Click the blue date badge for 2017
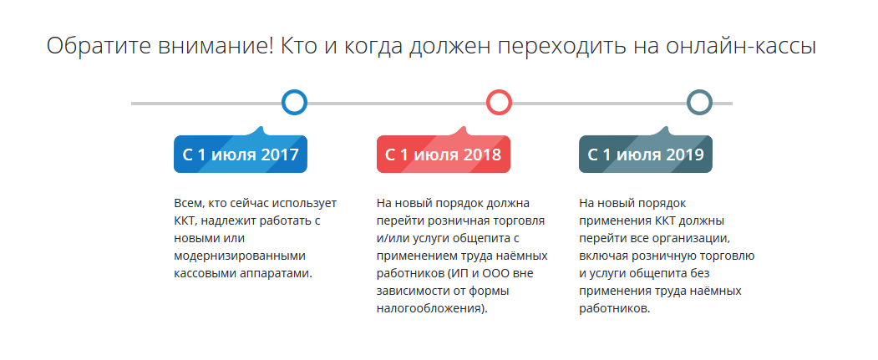(x=241, y=154)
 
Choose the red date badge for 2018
(x=443, y=154)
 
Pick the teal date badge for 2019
(x=646, y=154)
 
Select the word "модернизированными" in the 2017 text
(x=240, y=256)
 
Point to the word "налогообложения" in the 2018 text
(x=427, y=308)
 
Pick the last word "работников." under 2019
(x=614, y=309)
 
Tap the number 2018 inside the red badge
(x=482, y=155)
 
